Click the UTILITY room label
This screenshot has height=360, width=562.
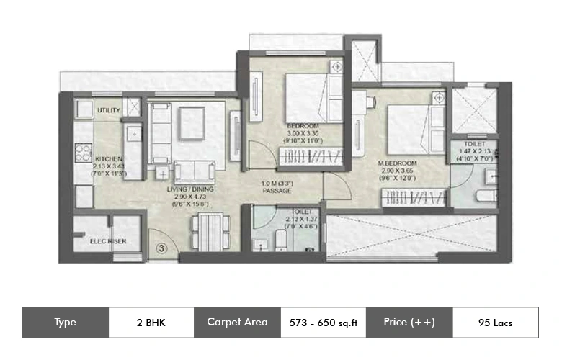click(x=109, y=109)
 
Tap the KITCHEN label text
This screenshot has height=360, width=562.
click(x=109, y=158)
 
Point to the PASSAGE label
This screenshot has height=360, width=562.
click(x=276, y=191)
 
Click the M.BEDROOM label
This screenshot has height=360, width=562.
click(x=398, y=164)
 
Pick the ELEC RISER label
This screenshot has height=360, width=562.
click(x=109, y=241)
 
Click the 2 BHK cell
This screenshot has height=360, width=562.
click(x=151, y=323)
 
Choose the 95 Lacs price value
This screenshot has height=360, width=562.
click(x=495, y=323)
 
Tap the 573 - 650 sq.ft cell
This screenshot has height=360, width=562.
click(x=323, y=323)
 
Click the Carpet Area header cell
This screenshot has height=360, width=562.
click(x=237, y=323)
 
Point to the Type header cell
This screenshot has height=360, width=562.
click(x=65, y=323)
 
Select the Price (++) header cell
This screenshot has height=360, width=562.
click(x=409, y=323)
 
